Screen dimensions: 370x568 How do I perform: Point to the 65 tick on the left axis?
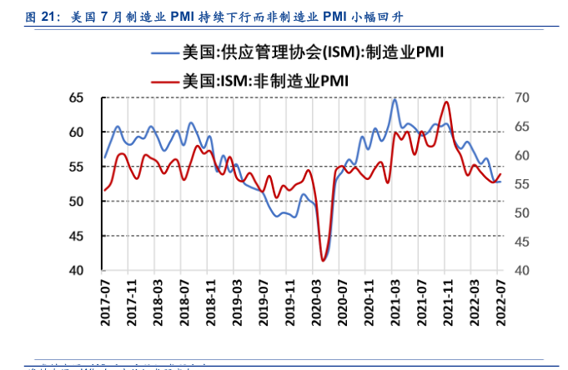point(76,98)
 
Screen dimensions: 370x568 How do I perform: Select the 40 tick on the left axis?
point(76,271)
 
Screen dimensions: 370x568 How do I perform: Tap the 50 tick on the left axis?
point(76,202)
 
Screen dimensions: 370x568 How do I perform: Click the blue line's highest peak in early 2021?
point(395,99)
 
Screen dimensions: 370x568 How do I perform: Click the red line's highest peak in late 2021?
point(447,102)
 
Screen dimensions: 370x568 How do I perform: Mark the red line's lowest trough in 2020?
point(323,261)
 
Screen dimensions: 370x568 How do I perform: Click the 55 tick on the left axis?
point(76,167)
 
